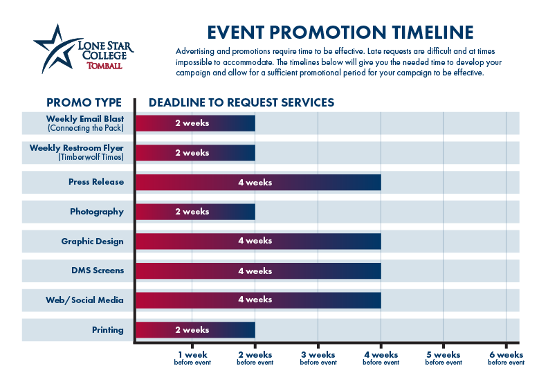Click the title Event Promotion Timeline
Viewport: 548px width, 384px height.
tap(341, 33)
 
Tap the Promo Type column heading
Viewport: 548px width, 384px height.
tap(84, 102)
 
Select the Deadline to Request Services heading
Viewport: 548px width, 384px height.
tap(241, 102)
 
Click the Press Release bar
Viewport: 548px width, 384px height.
tap(258, 183)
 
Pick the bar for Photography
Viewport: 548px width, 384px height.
tap(195, 212)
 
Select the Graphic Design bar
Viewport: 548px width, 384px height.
tap(258, 241)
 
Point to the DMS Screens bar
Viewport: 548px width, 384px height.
tap(258, 271)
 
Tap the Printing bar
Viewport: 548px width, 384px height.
tap(195, 330)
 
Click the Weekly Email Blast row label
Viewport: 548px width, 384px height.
tap(85, 123)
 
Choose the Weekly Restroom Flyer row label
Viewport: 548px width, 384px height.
tap(77, 152)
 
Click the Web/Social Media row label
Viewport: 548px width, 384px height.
tap(93, 300)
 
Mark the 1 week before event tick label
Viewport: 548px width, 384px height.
tap(192, 358)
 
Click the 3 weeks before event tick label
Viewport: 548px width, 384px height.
tap(318, 358)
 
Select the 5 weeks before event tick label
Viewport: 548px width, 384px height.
tap(444, 358)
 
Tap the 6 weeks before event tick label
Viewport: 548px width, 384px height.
tap(506, 358)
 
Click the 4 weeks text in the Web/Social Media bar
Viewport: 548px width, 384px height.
tap(255, 300)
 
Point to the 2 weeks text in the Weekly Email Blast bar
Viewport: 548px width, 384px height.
tap(192, 123)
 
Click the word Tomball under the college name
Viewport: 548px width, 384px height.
tap(104, 66)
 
